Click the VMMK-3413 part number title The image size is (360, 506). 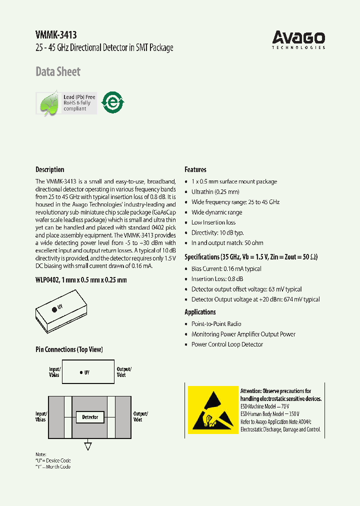coord(56,34)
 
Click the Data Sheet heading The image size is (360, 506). coord(58,72)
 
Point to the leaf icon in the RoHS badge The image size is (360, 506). coord(49,103)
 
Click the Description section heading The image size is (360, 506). coord(50,169)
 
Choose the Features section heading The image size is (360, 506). coord(195,169)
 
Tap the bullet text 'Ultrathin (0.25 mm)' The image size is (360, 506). coord(215,192)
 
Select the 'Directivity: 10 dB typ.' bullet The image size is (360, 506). coord(217,232)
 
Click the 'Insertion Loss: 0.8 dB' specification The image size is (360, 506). coord(217,279)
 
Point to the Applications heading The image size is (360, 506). coord(200,312)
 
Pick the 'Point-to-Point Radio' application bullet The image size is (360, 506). coord(216,324)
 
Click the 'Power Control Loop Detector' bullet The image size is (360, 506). coord(227,344)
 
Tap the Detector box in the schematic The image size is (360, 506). coord(90,416)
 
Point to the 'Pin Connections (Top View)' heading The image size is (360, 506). coord(69,349)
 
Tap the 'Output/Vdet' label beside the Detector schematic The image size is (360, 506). coord(140,416)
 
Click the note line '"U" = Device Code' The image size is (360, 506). coord(53,460)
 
